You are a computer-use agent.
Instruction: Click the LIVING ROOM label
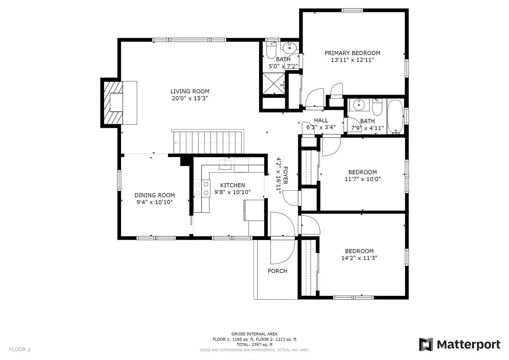pos(190,91)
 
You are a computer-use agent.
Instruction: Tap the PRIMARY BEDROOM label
pos(352,53)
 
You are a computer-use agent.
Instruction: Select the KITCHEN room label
pos(232,185)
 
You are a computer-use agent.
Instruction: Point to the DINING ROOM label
pos(155,195)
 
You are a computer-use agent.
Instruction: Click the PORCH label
pos(277,271)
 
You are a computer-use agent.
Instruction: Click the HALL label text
pos(321,120)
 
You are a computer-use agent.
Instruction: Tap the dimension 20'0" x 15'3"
pos(190,98)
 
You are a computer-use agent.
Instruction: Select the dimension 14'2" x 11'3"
pos(359,258)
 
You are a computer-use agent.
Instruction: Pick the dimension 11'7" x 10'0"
pos(362,179)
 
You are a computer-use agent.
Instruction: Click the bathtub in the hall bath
pos(395,117)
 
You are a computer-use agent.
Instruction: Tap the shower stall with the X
pos(274,83)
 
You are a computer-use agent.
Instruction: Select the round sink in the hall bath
pos(359,105)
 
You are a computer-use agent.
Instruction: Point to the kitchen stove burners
pos(202,188)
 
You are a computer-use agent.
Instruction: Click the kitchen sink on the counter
pos(225,164)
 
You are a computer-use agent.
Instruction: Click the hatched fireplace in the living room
pos(113,103)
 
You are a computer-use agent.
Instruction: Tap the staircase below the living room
pos(207,142)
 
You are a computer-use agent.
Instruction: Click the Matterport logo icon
pos(426,344)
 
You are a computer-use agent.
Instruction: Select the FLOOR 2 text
pos(20,349)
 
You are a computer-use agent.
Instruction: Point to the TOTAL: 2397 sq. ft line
pos(254,345)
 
